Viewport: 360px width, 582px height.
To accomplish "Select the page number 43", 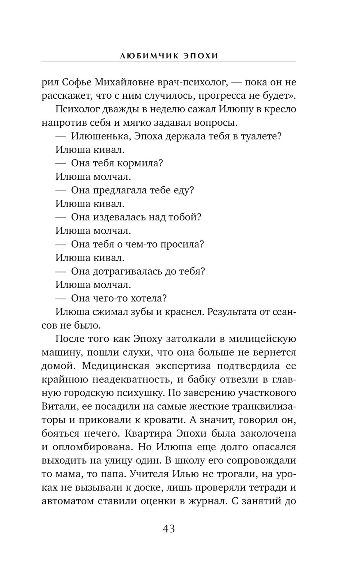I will point(169,529).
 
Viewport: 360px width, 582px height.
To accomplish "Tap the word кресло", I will point(279,109).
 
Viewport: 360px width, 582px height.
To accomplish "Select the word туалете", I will point(259,136).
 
